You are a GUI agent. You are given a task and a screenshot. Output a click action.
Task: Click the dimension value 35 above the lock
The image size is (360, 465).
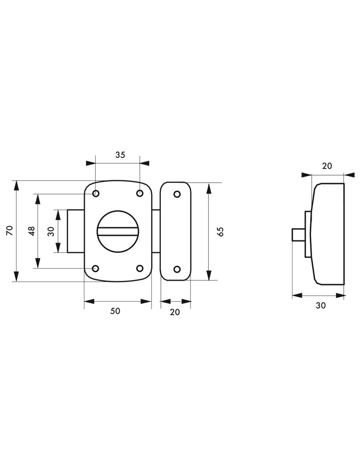click(119, 154)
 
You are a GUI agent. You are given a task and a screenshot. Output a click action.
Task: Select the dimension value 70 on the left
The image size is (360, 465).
click(9, 232)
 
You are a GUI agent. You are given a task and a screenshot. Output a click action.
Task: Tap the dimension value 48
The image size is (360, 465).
click(31, 231)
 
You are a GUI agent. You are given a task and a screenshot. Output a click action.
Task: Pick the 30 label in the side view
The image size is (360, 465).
click(320, 305)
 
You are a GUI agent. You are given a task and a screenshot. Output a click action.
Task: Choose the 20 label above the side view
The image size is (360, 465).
click(327, 165)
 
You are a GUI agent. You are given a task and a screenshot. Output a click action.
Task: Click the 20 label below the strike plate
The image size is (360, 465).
click(175, 311)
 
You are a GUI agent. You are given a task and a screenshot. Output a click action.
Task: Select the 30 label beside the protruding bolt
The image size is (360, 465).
click(50, 231)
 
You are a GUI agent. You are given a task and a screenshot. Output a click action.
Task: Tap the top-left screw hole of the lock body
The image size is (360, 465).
click(96, 194)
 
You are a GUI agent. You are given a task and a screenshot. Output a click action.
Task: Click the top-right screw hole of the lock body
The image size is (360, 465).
click(139, 194)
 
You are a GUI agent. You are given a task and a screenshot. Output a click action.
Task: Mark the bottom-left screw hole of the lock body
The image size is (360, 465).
click(96, 268)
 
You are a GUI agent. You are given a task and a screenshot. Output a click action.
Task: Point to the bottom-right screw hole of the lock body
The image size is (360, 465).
click(139, 268)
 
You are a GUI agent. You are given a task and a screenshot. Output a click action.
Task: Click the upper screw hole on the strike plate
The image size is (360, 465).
click(176, 194)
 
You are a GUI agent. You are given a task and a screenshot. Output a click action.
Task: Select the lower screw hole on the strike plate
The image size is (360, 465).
click(176, 269)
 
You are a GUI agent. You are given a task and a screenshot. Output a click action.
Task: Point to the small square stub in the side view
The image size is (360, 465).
click(297, 236)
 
